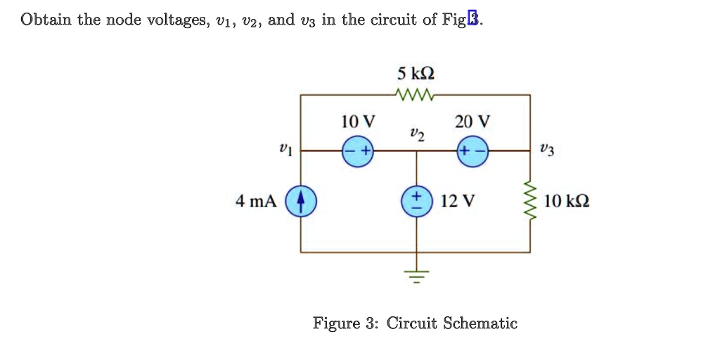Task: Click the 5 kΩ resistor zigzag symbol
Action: pos(416,94)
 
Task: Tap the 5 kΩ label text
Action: pos(416,74)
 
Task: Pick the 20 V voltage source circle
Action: pos(472,150)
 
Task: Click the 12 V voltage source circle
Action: pos(416,201)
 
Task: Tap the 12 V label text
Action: pos(457,202)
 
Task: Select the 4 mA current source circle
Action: pos(301,202)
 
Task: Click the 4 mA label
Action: pos(256,202)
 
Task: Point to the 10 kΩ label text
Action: pos(567,202)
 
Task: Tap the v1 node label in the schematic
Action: pos(284,149)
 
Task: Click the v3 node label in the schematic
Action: pos(546,149)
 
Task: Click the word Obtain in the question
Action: pos(46,20)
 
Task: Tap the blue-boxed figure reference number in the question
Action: pos(472,20)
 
